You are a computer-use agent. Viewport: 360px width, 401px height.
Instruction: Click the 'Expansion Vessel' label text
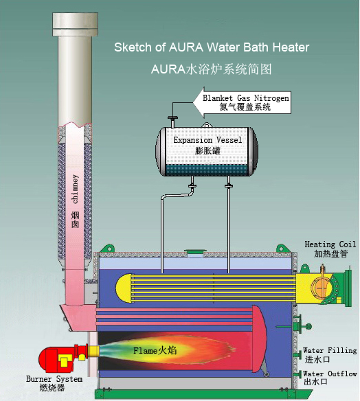point(207,140)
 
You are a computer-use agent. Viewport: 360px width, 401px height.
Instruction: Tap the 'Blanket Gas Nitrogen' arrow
point(242,102)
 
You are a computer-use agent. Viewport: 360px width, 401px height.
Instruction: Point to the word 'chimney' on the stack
point(75,189)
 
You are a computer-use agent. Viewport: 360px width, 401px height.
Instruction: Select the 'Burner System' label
point(54,379)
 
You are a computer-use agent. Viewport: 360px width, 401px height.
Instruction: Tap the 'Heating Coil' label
point(330,244)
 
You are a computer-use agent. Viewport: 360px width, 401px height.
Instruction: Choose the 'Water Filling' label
point(330,350)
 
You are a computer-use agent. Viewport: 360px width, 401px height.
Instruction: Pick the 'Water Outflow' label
point(330,374)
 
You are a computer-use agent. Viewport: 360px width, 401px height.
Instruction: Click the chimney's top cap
point(75,24)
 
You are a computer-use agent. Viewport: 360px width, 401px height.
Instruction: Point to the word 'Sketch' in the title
point(133,47)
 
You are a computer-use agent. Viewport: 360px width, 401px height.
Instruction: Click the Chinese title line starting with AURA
point(211,69)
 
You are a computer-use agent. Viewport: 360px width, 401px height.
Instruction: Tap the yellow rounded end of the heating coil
point(124,288)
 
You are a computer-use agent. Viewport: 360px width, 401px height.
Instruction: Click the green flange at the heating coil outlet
point(348,288)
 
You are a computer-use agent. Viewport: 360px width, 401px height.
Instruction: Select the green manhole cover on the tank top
point(195,253)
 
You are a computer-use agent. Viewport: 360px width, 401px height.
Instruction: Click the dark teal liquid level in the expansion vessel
point(207,170)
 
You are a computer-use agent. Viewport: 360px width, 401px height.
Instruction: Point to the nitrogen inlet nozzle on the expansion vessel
point(172,122)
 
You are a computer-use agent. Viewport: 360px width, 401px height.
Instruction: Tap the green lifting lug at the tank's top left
point(109,248)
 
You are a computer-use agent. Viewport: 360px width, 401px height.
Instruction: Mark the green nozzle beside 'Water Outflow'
point(298,374)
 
